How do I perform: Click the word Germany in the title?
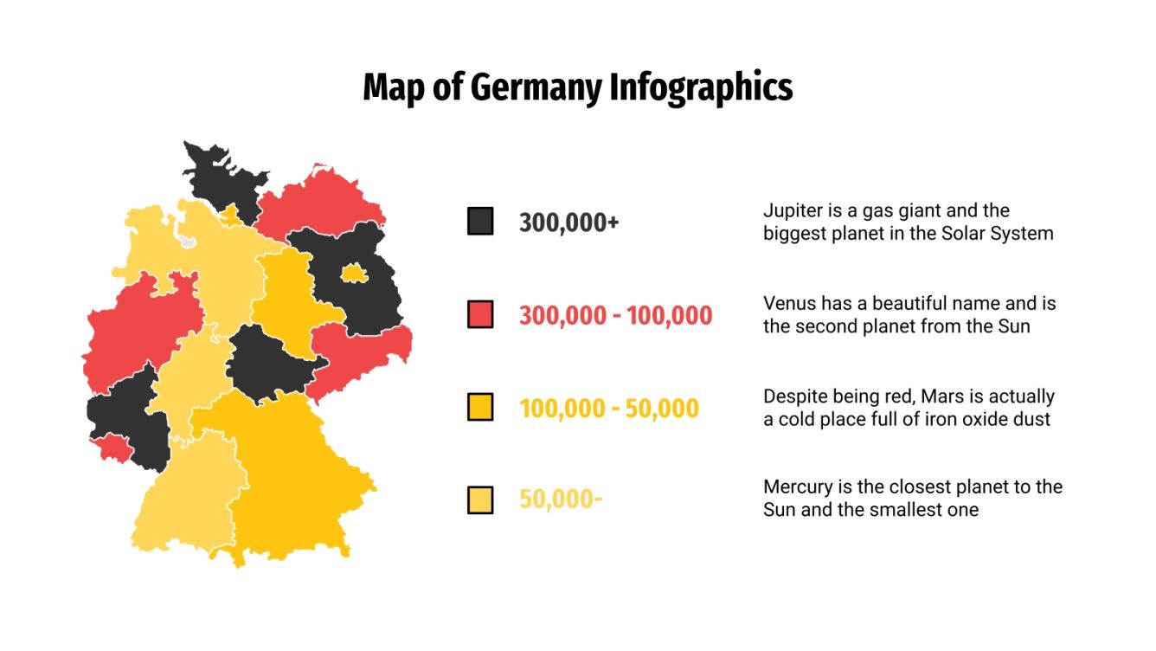pyautogui.click(x=535, y=88)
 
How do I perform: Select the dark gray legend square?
pyautogui.click(x=480, y=222)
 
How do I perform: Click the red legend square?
pyautogui.click(x=480, y=314)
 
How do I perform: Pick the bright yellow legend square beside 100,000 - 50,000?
pyautogui.click(x=480, y=407)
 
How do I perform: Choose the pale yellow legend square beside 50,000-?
pyautogui.click(x=480, y=500)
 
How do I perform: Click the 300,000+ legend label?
pyautogui.click(x=569, y=222)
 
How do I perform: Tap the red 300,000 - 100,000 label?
pyautogui.click(x=615, y=315)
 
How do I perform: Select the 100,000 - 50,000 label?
pyautogui.click(x=608, y=408)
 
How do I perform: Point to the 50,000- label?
pyautogui.click(x=561, y=500)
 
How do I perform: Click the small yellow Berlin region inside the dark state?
pyautogui.click(x=353, y=274)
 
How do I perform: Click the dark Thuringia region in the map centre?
pyautogui.click(x=264, y=364)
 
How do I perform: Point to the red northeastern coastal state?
pyautogui.click(x=324, y=203)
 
